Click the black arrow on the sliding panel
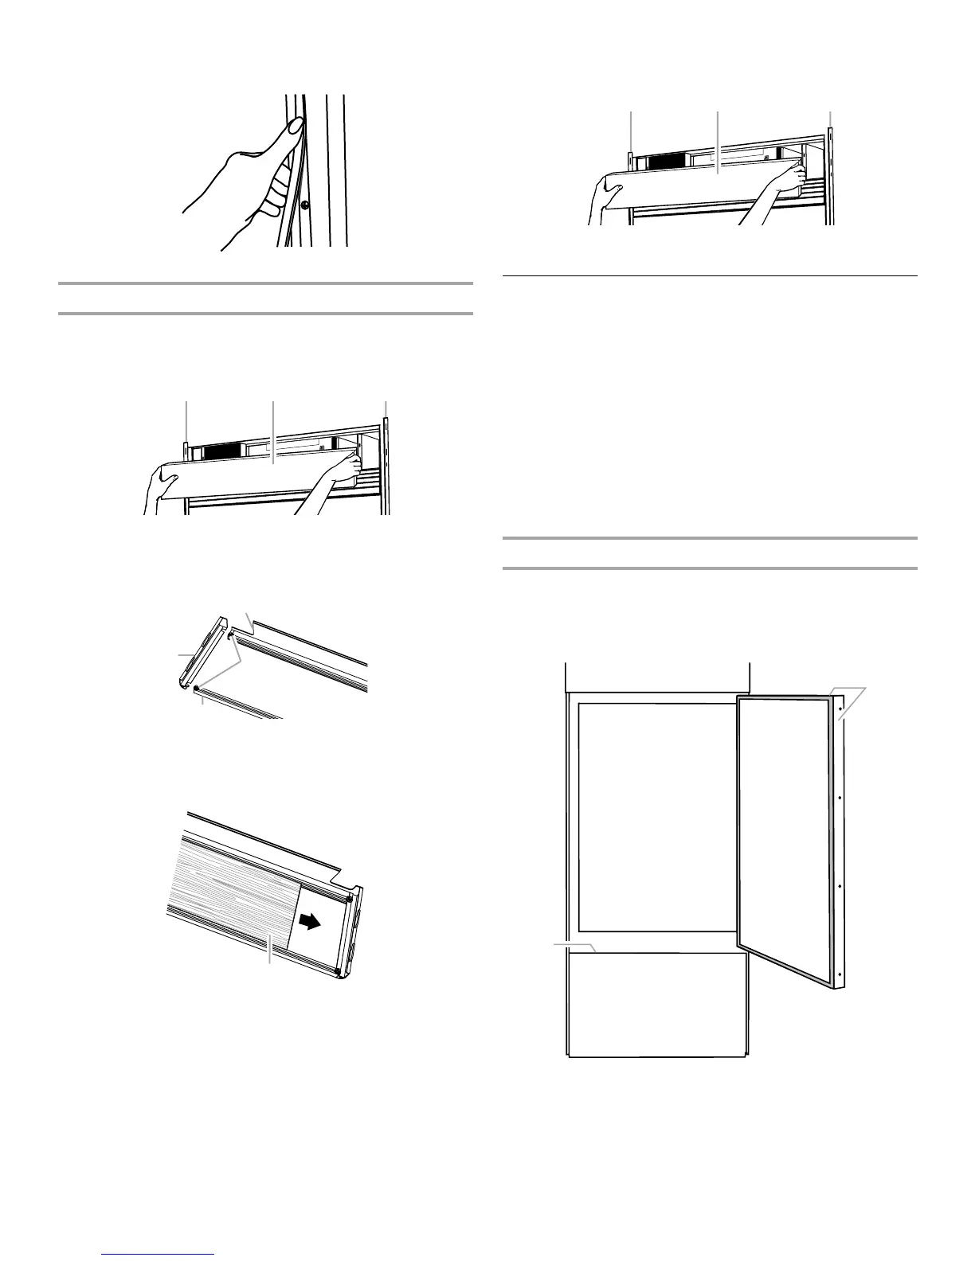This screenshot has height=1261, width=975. click(x=311, y=921)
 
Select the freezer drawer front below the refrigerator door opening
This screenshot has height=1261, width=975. click(x=657, y=1003)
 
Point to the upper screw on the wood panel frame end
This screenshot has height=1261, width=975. click(x=348, y=899)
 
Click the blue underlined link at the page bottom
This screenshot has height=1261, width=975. click(x=159, y=1255)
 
